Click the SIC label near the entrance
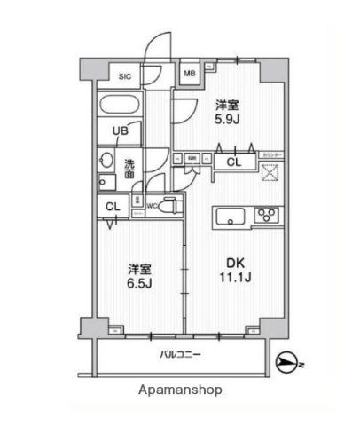[125, 76]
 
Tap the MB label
[190, 74]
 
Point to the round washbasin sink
[106, 162]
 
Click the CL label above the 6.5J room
[113, 208]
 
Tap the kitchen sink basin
[231, 215]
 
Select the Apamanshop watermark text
[180, 390]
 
